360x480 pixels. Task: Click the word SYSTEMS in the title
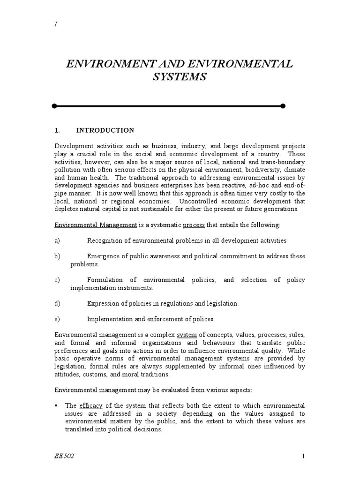tap(180, 77)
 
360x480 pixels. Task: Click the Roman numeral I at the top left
tap(56, 24)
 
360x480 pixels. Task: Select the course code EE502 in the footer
tap(65, 457)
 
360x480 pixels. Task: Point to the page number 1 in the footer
tap(304, 457)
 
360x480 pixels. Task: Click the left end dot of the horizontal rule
tap(54, 106)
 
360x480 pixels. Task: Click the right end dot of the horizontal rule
tap(283, 106)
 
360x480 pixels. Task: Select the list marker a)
tap(57, 240)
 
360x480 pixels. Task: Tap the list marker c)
tap(57, 280)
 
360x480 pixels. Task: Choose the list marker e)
tap(57, 319)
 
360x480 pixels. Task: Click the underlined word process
tap(194, 225)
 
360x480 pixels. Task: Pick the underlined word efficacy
tap(89, 405)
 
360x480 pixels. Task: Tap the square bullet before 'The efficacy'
tap(56, 405)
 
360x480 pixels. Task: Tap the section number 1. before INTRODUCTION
tap(57, 130)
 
